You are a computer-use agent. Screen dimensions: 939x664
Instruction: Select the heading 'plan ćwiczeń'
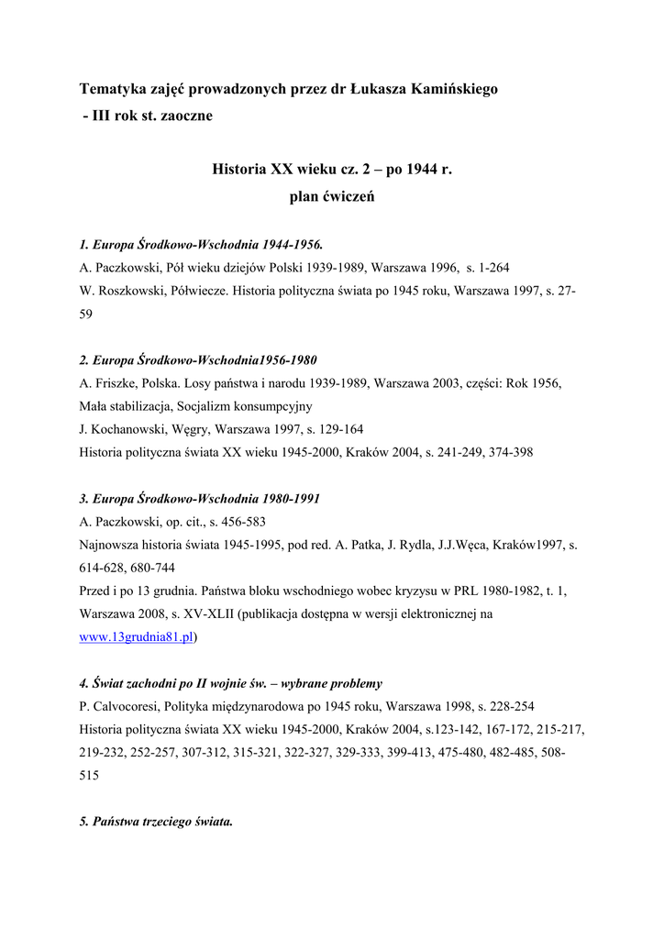331,195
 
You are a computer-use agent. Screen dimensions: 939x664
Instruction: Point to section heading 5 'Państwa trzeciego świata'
156,821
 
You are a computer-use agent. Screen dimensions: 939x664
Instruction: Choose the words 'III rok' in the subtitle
114,116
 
